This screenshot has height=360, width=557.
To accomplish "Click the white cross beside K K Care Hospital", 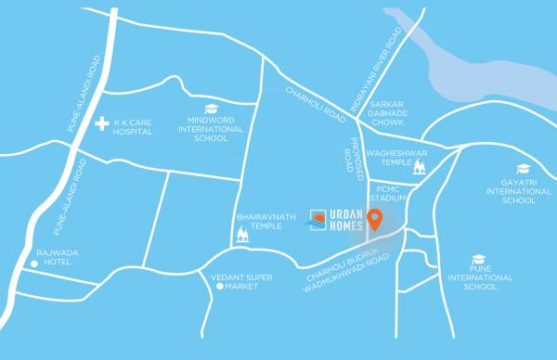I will point(102,122).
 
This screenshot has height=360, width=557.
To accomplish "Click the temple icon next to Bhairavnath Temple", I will point(243,235).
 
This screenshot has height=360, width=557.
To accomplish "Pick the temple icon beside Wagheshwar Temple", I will point(419,167).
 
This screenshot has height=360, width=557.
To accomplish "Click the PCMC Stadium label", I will point(389,193).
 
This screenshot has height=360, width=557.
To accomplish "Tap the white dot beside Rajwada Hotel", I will point(34,264).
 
